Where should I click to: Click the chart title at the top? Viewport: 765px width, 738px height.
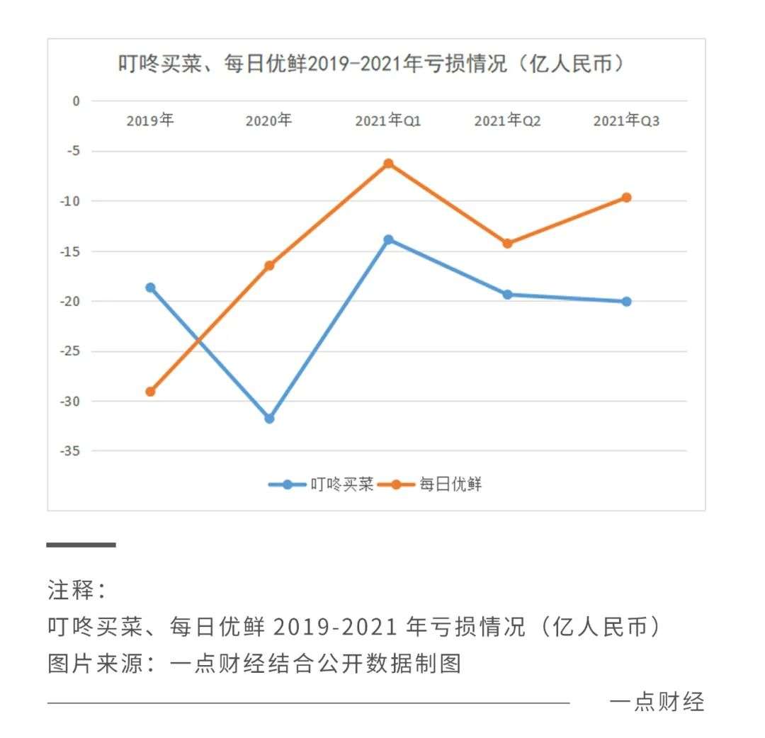pyautogui.click(x=374, y=64)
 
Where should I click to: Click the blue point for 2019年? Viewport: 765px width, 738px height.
pyautogui.click(x=150, y=288)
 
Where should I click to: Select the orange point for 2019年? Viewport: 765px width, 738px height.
pyautogui.click(x=150, y=392)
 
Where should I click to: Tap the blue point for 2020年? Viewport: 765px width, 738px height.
pyautogui.click(x=269, y=419)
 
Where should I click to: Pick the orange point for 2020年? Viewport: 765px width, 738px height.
pyautogui.click(x=269, y=266)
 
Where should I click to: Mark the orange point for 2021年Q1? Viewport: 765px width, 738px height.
pyautogui.click(x=388, y=164)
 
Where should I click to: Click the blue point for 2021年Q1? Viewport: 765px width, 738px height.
pyautogui.click(x=388, y=239)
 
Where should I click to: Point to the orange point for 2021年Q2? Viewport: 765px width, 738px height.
pyautogui.click(x=507, y=244)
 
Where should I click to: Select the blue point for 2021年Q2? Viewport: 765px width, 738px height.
pyautogui.click(x=507, y=295)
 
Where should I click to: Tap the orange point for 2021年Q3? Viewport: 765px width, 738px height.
pyautogui.click(x=626, y=198)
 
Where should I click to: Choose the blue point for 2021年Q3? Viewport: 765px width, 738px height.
pyautogui.click(x=626, y=302)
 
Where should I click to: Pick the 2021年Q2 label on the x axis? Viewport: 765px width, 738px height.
pyautogui.click(x=507, y=121)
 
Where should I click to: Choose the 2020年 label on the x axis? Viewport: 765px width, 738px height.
pyautogui.click(x=268, y=121)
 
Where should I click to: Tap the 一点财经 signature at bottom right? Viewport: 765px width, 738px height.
pyautogui.click(x=657, y=702)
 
